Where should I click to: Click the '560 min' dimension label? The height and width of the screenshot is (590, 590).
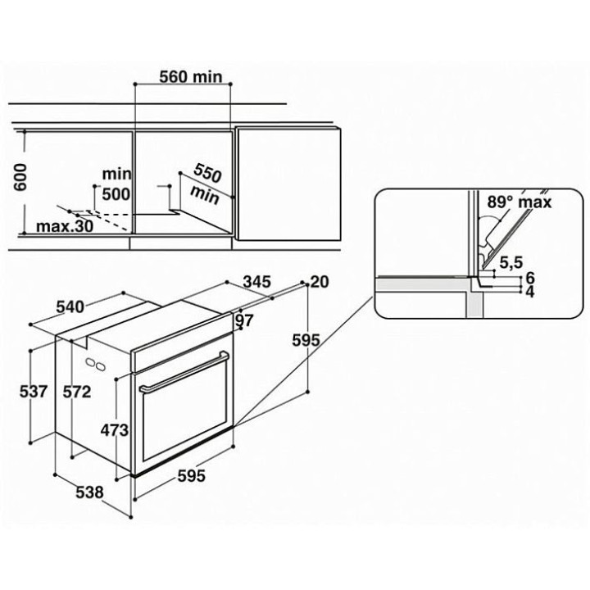pyautogui.click(x=191, y=77)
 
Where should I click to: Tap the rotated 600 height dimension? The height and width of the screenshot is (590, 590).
pyautogui.click(x=20, y=177)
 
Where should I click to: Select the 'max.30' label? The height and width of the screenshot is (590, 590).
pyautogui.click(x=65, y=226)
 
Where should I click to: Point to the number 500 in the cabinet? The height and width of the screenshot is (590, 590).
pyautogui.click(x=116, y=194)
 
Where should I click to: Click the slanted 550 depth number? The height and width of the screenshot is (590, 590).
pyautogui.click(x=207, y=174)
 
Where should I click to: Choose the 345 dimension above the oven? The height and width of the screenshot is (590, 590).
pyautogui.click(x=257, y=281)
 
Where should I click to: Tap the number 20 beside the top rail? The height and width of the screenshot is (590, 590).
pyautogui.click(x=320, y=281)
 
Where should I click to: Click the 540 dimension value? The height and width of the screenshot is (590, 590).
pyautogui.click(x=70, y=307)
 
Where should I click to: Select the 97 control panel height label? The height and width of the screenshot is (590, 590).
pyautogui.click(x=244, y=320)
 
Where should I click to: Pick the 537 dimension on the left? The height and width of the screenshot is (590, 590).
pyautogui.click(x=34, y=392)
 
